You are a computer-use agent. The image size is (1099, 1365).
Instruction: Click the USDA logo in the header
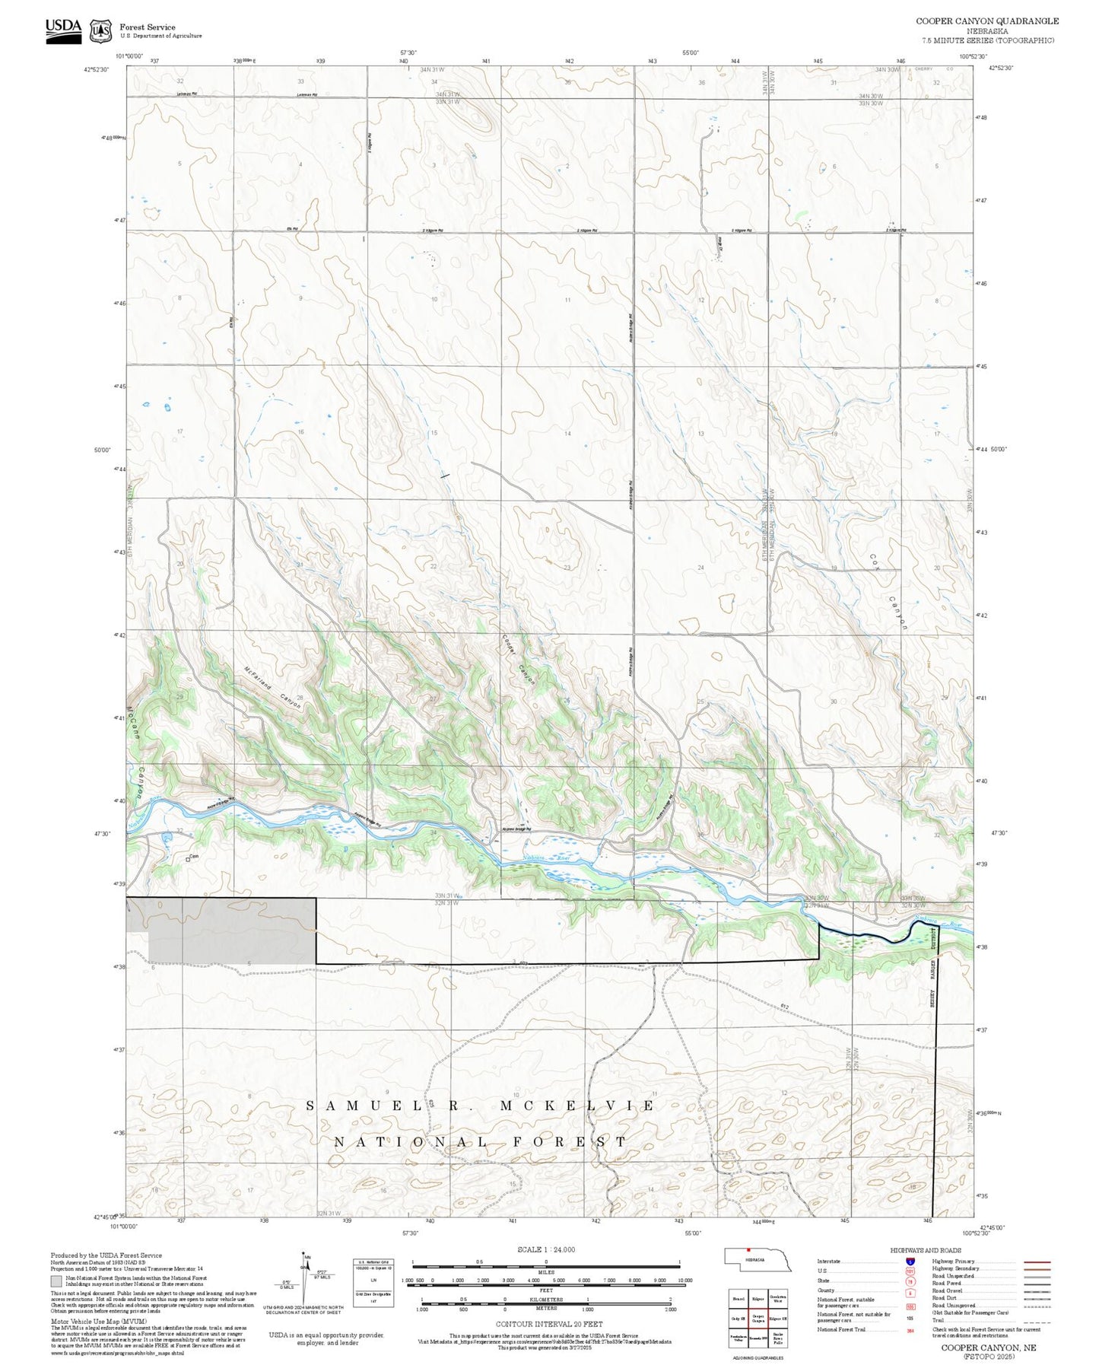coord(63,30)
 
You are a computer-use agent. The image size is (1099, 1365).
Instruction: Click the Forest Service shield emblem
coord(100,31)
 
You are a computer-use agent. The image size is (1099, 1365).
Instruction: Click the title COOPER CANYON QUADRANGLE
coord(987,21)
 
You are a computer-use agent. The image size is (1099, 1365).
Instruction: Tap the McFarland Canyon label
coord(272,688)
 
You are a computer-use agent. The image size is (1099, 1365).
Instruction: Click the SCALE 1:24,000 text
coord(546,1249)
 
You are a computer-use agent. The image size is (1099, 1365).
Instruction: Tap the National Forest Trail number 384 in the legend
coord(910,1330)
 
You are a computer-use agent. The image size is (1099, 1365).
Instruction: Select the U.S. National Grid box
coord(373,1283)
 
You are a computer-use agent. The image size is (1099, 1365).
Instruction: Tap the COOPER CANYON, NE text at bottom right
coord(989,1347)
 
